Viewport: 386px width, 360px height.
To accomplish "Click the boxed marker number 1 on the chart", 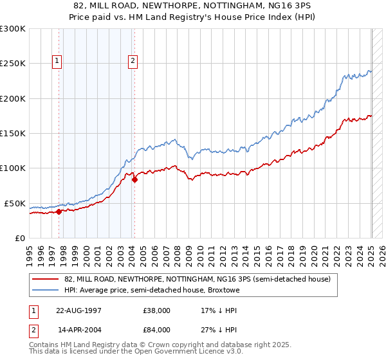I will (x=57, y=61).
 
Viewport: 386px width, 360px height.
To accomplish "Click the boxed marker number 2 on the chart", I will (x=133, y=61).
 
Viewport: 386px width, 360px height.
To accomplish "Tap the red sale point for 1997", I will (x=59, y=211).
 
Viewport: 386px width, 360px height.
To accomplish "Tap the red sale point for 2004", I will (x=134, y=179).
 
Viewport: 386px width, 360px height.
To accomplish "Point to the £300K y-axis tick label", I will (x=12, y=29).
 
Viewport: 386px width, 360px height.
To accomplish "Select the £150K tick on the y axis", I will (x=12, y=133).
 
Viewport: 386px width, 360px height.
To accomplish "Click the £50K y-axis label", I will (x=15, y=203).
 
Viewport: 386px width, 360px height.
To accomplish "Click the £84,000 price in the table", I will (x=156, y=332).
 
